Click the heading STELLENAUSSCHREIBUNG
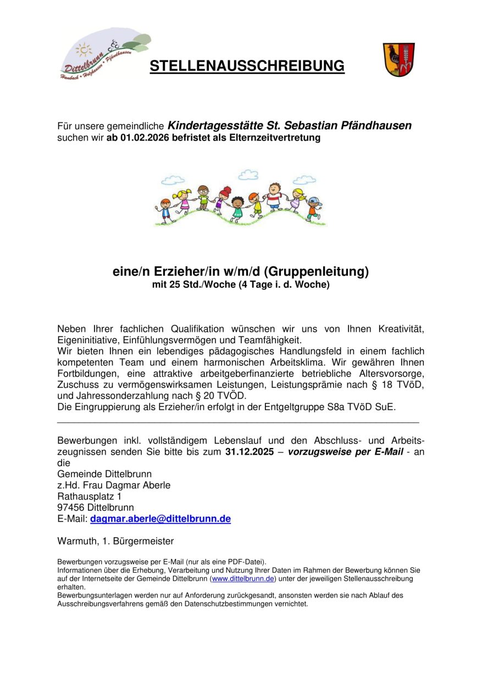click(x=247, y=66)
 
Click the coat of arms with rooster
click(x=398, y=59)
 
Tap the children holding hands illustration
click(x=240, y=199)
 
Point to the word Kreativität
click(x=401, y=329)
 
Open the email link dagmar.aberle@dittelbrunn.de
click(x=160, y=518)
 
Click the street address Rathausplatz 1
click(x=90, y=496)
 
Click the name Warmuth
click(x=77, y=541)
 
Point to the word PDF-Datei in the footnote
click(x=245, y=562)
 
